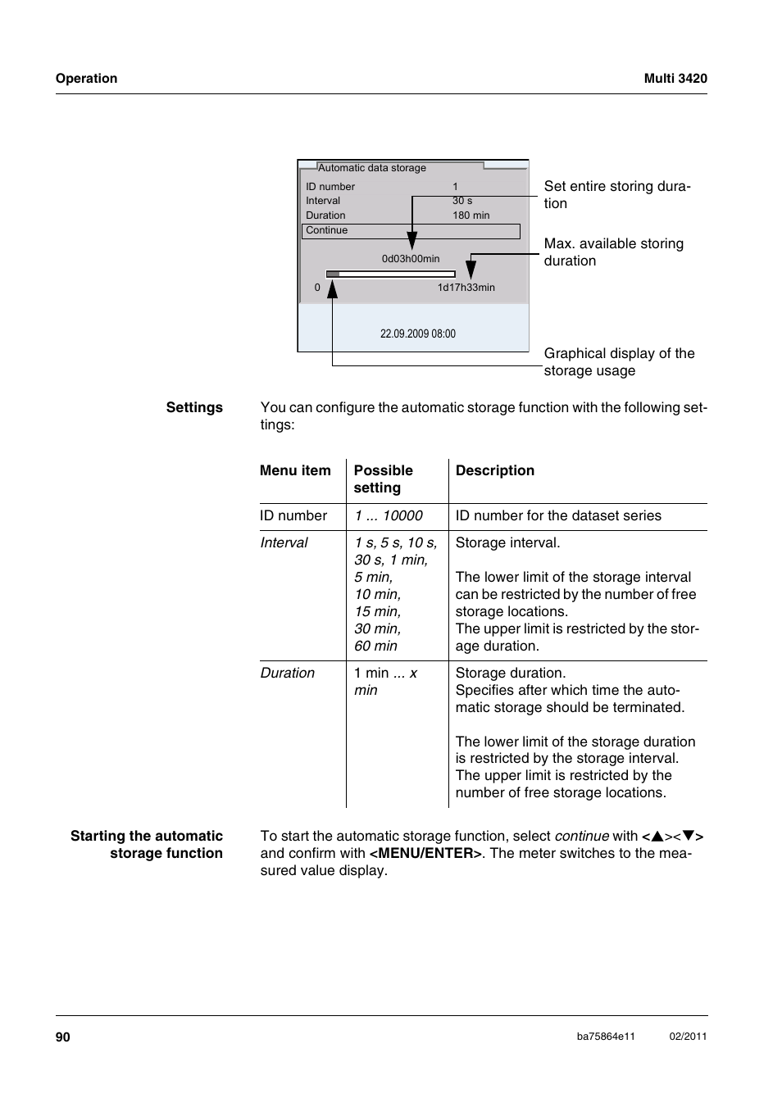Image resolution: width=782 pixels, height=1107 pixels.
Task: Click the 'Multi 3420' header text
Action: (x=675, y=79)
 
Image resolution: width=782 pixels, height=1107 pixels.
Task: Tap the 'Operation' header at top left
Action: (x=86, y=79)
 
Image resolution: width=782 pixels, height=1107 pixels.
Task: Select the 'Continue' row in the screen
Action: (x=410, y=231)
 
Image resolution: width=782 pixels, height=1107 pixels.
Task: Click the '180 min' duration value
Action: (x=471, y=216)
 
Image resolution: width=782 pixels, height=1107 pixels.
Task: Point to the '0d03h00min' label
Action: (x=410, y=259)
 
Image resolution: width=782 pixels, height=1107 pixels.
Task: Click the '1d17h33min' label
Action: (x=466, y=288)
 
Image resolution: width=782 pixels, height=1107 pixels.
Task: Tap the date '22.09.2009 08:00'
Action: (x=417, y=333)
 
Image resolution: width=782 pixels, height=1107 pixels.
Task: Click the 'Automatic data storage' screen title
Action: (x=372, y=168)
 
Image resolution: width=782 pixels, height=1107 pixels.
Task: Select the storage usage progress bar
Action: (x=390, y=274)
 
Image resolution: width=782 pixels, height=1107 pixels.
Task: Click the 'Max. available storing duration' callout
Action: (x=613, y=252)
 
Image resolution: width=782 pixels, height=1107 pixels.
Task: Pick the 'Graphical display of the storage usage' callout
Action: (x=619, y=362)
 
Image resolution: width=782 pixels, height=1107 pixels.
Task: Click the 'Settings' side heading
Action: (x=194, y=407)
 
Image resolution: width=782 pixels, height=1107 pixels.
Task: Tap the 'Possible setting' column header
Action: (x=383, y=479)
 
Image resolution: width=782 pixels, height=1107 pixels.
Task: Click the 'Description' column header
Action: (x=494, y=470)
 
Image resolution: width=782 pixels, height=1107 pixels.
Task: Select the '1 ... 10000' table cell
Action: (x=389, y=515)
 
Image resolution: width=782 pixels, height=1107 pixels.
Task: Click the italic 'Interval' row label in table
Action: (x=284, y=542)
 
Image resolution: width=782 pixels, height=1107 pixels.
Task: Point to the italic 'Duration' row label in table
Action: (x=287, y=673)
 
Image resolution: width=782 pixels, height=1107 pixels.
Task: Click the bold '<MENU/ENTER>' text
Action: (x=425, y=853)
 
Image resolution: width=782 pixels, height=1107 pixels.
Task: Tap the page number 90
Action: (x=63, y=1037)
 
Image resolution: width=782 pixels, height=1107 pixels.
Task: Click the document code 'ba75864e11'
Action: (x=606, y=1037)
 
